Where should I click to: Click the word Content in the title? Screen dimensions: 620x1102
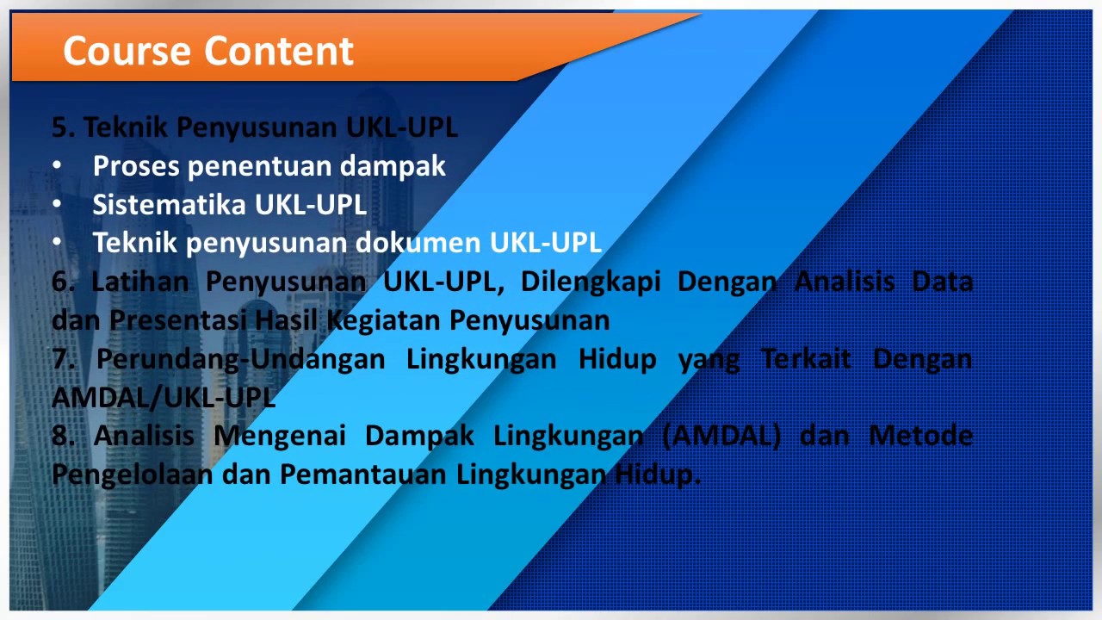pos(281,51)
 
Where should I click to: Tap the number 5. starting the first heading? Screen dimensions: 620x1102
pos(64,127)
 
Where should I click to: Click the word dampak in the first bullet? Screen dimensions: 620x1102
pos(398,165)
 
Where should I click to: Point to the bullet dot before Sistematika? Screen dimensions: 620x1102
pos(57,205)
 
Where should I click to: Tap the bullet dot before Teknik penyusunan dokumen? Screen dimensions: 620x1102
pos(57,244)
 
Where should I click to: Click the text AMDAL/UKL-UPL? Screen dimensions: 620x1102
pos(164,397)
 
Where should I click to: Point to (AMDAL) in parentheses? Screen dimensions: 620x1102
pos(722,436)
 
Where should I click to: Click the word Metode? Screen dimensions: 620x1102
pos(920,436)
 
